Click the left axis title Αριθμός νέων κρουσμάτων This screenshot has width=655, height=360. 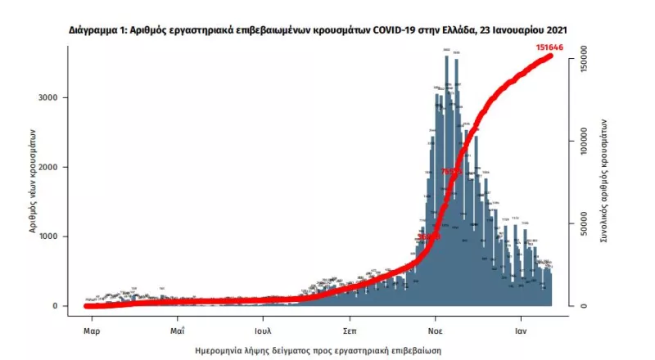(x=34, y=181)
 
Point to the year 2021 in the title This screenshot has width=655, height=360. (x=553, y=29)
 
